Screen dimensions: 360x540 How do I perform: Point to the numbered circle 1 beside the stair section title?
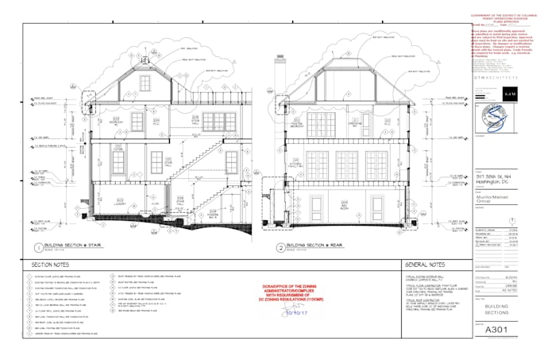click(x=37, y=247)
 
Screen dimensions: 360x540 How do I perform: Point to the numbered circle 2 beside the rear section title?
click(x=280, y=246)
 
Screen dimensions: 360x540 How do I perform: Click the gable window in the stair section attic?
click(x=145, y=83)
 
